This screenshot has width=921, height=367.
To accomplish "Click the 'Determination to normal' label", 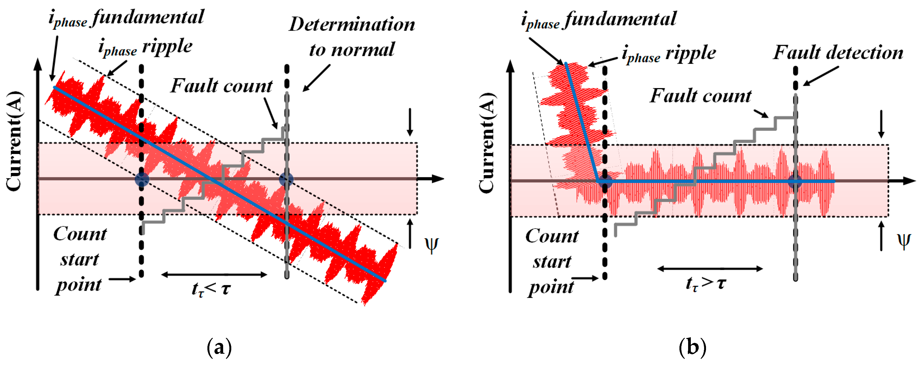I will tap(352, 37).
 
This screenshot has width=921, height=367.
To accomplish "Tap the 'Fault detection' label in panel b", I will tap(838, 53).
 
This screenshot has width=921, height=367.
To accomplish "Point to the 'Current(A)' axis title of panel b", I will tap(487, 143).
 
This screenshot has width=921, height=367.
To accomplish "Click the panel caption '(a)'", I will tap(219, 347).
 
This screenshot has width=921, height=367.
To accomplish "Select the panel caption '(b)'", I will tap(692, 347).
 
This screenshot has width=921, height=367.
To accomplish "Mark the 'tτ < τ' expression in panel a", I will tap(211, 288).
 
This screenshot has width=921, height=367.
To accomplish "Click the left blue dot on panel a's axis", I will tap(142, 179).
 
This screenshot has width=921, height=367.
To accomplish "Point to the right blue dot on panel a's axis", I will tap(286, 179).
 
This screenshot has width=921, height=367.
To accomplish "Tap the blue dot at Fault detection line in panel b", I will tap(795, 182).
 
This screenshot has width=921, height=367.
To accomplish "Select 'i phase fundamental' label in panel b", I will tap(599, 20).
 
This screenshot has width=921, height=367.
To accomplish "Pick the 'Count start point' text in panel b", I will tap(552, 262).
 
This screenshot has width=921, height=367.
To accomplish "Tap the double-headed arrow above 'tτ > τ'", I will tap(710, 269).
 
